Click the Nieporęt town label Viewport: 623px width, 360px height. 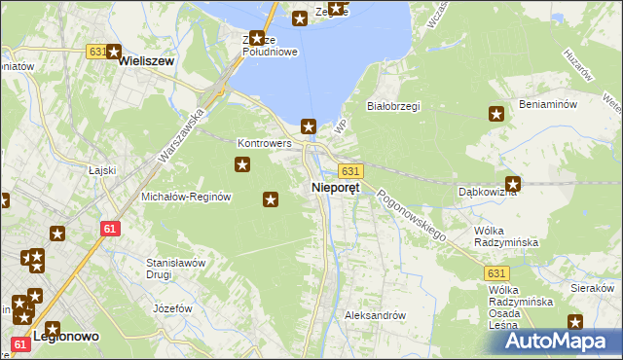[x=335, y=187]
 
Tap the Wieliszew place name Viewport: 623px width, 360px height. [x=145, y=60]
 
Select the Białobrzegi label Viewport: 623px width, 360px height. [x=392, y=106]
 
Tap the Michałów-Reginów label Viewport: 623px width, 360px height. [x=185, y=197]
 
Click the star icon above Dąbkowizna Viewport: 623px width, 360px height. [x=513, y=183]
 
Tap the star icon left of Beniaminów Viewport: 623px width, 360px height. [x=496, y=115]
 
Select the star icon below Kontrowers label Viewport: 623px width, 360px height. [x=241, y=166]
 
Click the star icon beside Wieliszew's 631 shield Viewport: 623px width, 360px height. [x=113, y=54]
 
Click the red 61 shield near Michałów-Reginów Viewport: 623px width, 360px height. [x=110, y=228]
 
